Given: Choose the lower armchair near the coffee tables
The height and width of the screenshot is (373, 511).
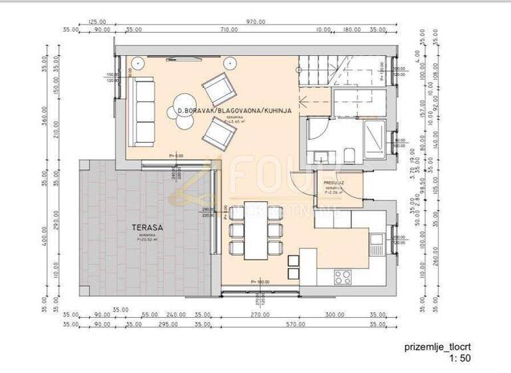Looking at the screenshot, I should coord(220,133).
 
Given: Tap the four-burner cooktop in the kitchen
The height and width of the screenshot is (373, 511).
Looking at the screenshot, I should coord(343,276).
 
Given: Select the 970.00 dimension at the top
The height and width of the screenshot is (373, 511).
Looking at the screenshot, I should coord(255,21).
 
